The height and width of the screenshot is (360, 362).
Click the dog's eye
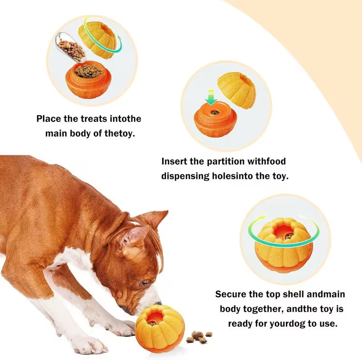(x=145, y=283)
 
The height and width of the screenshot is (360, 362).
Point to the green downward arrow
(x=211, y=97)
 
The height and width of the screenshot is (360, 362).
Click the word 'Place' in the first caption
(x=48, y=119)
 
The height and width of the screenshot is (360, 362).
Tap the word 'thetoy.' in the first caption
(x=119, y=134)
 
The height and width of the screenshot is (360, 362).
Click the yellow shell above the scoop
(x=97, y=40)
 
